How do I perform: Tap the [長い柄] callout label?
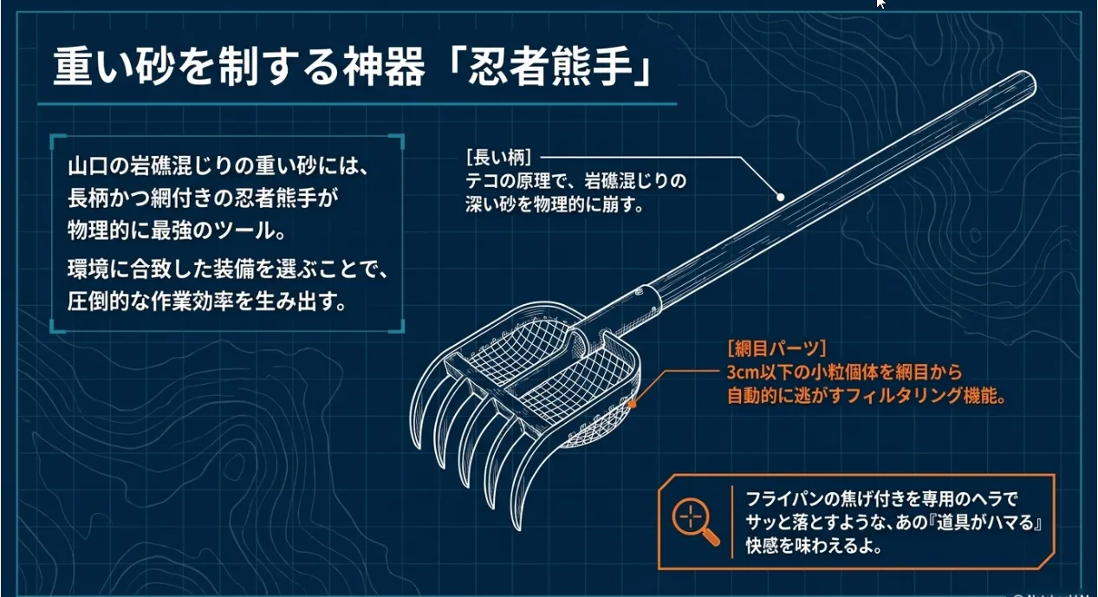[x=498, y=158]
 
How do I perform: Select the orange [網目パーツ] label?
[x=777, y=348]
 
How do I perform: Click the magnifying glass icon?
[x=695, y=522]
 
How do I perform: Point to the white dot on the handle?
[x=780, y=197]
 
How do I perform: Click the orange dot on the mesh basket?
[x=633, y=405]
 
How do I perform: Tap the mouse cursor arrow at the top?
[x=880, y=3]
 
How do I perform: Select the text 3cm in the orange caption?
[x=743, y=373]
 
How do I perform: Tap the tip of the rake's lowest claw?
[x=518, y=528]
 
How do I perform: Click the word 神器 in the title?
[x=383, y=67]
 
